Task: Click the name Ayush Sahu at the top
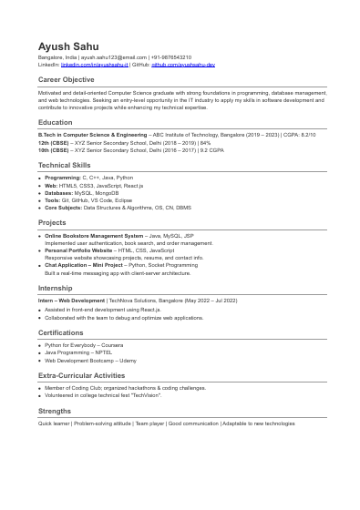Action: tap(68, 46)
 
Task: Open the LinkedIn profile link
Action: tap(94, 66)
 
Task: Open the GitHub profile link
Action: tap(182, 66)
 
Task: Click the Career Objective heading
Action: tap(66, 80)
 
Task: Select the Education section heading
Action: tap(55, 122)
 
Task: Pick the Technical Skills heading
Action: tap(65, 165)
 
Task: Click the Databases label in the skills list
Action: tap(59, 193)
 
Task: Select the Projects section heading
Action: tap(52, 222)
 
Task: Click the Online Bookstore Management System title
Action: tap(94, 236)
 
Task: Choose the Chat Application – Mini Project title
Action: tap(84, 265)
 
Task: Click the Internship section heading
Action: tap(55, 287)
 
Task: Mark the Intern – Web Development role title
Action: tap(72, 300)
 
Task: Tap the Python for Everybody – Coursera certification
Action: tap(84, 345)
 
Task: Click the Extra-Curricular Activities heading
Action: tap(82, 375)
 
